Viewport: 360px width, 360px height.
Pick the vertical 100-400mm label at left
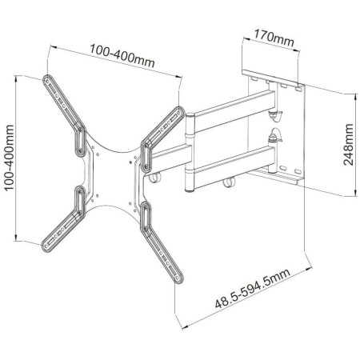tap(10, 155)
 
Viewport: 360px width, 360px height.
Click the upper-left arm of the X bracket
tap(69, 112)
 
